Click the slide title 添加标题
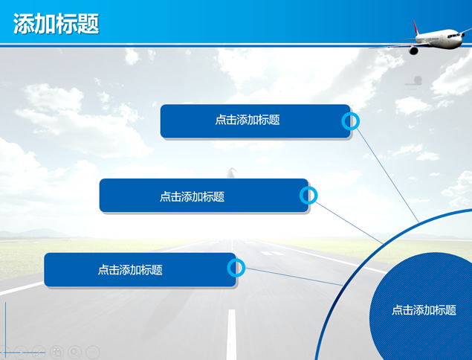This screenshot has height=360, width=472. [56, 24]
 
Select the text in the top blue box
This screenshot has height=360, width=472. [248, 120]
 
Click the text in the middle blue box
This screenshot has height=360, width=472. [192, 196]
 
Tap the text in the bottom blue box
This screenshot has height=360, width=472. [130, 269]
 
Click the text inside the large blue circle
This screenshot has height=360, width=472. [424, 310]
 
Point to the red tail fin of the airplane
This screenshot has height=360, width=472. [416, 27]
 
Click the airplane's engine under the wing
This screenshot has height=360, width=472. [413, 51]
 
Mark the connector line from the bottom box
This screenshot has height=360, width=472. [294, 277]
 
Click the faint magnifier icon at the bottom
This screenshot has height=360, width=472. [74, 352]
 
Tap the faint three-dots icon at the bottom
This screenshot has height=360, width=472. [93, 352]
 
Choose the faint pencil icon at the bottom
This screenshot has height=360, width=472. [39, 352]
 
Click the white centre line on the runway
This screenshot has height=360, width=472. [231, 335]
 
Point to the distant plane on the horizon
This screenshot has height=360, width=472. [231, 173]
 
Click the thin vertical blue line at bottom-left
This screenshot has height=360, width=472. [5, 327]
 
